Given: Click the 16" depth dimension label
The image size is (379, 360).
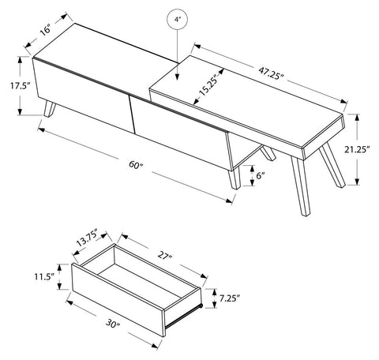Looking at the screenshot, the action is click(x=45, y=29).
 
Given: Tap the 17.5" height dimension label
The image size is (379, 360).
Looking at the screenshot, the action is click(x=19, y=86).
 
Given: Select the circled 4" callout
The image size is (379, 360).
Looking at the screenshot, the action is click(x=178, y=20).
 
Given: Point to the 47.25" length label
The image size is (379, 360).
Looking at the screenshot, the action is click(x=271, y=73).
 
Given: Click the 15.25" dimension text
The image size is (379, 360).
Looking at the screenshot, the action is click(x=208, y=85).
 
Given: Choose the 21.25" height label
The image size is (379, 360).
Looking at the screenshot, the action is click(x=358, y=149).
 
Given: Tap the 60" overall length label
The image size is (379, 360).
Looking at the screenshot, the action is click(x=136, y=165).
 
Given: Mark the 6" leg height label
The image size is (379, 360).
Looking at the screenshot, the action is click(x=261, y=175).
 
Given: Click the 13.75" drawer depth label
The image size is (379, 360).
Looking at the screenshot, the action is click(x=87, y=238).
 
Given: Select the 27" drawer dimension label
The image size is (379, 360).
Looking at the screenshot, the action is click(x=165, y=256).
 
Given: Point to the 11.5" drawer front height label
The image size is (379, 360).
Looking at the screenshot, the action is click(x=44, y=276).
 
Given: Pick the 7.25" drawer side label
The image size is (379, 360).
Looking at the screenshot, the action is click(x=230, y=298).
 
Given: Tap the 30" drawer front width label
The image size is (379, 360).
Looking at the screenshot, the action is click(x=113, y=324).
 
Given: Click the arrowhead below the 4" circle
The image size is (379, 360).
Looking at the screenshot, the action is click(x=178, y=77).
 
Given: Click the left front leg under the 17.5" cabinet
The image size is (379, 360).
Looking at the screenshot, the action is click(x=50, y=109).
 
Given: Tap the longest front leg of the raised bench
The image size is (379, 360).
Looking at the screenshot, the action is click(x=300, y=186).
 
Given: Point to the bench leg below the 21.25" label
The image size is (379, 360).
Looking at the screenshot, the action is click(x=332, y=165).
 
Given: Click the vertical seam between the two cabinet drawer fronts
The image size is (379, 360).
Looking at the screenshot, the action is click(x=132, y=114).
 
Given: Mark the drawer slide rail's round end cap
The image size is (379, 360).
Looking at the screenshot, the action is click(x=201, y=306).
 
